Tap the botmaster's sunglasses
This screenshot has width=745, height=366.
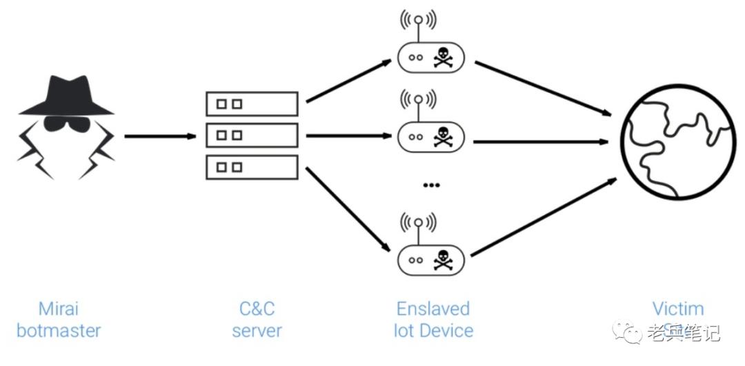(x=66, y=125)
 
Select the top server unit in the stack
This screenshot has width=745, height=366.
(x=252, y=104)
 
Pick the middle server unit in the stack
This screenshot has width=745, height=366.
(x=252, y=135)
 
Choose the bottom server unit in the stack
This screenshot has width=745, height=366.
(x=252, y=167)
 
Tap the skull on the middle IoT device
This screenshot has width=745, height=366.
(x=442, y=137)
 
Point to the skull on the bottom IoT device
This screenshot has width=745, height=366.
(x=442, y=260)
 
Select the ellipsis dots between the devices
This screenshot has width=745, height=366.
(x=431, y=185)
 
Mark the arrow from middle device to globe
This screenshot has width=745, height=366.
(x=542, y=142)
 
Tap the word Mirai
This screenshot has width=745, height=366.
(x=58, y=308)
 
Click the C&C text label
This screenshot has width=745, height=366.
(x=257, y=308)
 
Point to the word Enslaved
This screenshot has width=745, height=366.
(x=433, y=308)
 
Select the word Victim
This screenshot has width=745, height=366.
(x=678, y=308)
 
